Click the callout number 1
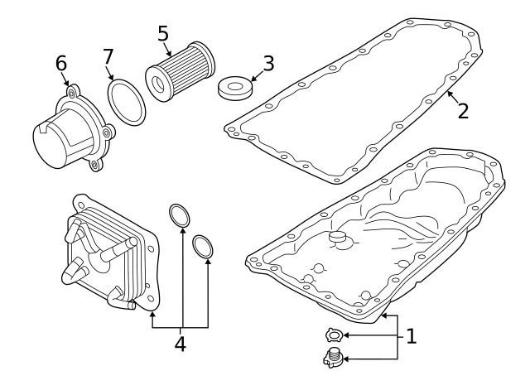coord(411,336)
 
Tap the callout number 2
coord(463,110)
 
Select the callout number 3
coord(268,63)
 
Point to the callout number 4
coord(181,344)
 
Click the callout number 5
coord(163,33)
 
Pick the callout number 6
coord(61,63)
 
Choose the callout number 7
coord(108,56)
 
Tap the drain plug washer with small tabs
coord(335,335)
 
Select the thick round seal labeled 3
coord(234,88)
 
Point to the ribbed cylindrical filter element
coord(181,72)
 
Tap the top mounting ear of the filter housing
coord(72,92)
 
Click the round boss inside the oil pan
coord(338,237)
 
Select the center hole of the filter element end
coord(157,84)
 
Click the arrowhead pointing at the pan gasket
coord(450,94)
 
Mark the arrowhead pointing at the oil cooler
coord(152,315)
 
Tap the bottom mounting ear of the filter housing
coord(95,165)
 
